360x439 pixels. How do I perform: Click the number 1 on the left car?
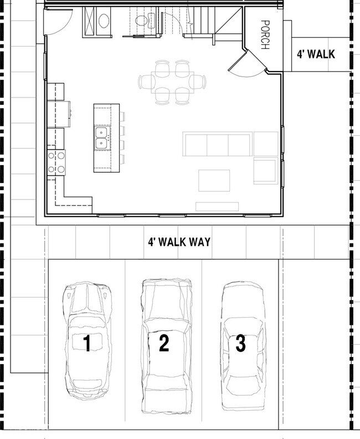pos(87,344)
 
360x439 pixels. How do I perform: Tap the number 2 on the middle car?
pos(163,344)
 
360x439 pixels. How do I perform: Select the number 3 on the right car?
pos(240,344)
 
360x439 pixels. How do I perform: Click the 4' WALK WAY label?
pos(179,242)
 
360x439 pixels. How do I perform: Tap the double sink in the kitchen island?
pos(101,138)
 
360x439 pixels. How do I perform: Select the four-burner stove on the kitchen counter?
pos(56,162)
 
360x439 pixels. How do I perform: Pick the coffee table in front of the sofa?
pos(214,180)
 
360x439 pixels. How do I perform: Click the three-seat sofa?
pos(217,144)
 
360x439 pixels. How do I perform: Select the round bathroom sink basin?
pos(104,22)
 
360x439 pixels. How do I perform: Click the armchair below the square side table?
pos(265,171)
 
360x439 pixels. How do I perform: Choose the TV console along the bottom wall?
pos(217,207)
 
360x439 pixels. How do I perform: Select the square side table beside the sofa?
pos(266,144)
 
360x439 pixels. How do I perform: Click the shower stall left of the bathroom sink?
pos(89,22)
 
